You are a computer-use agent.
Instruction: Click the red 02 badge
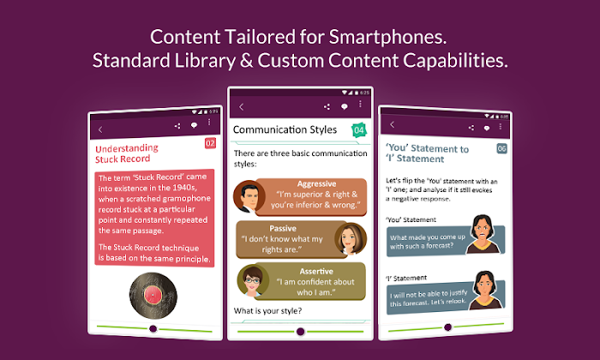tap(210, 143)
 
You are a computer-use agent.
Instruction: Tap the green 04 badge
tap(359, 130)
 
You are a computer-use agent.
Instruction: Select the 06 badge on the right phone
tap(501, 148)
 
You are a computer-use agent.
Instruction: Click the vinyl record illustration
tap(153, 296)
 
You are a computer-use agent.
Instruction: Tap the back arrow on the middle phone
tap(241, 107)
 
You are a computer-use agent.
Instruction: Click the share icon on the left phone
tap(177, 126)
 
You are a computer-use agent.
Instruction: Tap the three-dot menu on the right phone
tap(500, 126)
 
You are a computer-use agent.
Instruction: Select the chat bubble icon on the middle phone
tap(345, 107)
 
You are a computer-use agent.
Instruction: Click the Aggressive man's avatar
tap(249, 196)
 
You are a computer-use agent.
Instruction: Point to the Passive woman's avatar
tap(351, 239)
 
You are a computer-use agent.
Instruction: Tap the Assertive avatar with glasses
tap(253, 281)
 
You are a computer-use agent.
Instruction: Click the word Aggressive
tap(317, 184)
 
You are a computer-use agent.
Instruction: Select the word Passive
tap(283, 228)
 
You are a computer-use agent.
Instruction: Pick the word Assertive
tap(316, 271)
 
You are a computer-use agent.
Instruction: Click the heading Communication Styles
tap(285, 129)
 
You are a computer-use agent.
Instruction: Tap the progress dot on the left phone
tap(153, 328)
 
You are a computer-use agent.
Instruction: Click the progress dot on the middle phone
tap(300, 332)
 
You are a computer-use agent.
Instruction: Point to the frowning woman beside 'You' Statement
tap(483, 234)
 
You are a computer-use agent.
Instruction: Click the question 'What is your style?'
tap(267, 310)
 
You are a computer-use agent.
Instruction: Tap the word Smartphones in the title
tap(387, 38)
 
